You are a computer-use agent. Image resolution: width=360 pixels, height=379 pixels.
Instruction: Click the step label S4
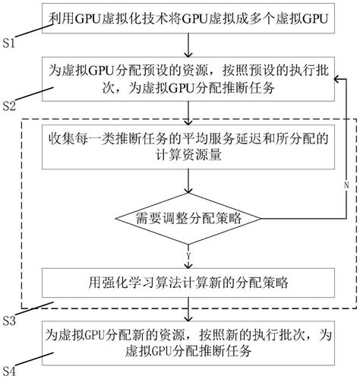pos(11,371)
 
